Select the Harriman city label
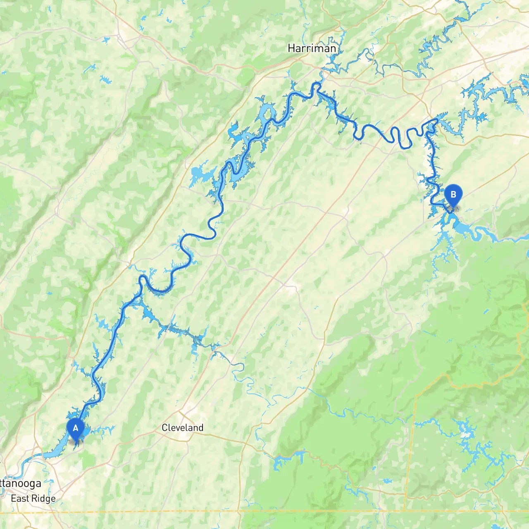[312, 48]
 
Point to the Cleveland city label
[182, 428]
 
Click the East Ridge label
[33, 498]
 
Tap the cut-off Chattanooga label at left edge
[21, 483]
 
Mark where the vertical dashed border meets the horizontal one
[405, 512]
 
